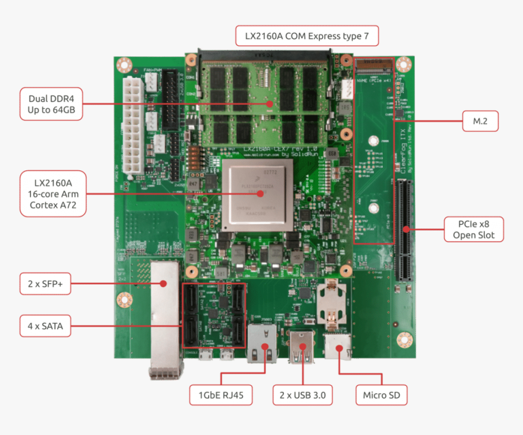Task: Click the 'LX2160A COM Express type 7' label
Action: click(x=307, y=36)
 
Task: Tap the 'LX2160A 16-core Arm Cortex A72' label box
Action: click(x=53, y=194)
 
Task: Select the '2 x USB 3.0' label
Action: click(x=302, y=395)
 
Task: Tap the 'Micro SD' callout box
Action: click(x=381, y=395)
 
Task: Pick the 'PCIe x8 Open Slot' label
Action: click(x=473, y=229)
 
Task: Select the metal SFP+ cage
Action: click(x=162, y=316)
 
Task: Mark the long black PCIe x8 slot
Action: click(x=403, y=229)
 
